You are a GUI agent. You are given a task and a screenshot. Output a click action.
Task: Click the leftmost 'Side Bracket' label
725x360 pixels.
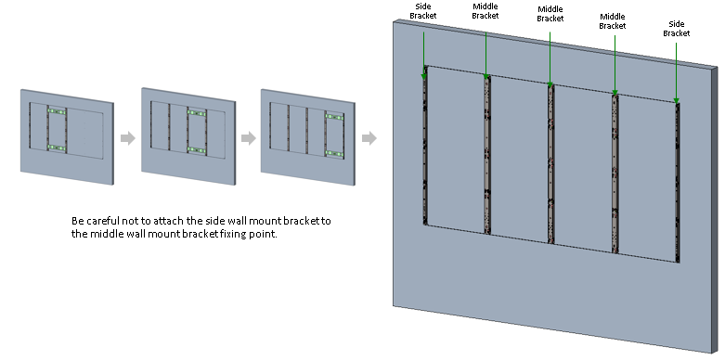point(423,11)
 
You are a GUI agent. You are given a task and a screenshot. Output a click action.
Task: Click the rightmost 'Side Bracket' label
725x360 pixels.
point(677,29)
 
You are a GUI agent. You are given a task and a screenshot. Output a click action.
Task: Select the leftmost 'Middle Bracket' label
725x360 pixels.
point(485,11)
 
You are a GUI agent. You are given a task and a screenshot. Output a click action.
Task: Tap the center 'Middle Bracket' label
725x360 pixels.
point(550,14)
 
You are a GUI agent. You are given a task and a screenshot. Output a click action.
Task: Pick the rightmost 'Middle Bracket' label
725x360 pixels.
point(613,21)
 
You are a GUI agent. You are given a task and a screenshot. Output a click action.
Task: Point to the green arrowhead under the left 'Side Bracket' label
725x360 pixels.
point(423,75)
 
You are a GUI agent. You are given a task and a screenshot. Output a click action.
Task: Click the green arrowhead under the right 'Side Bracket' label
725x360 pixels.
point(676,101)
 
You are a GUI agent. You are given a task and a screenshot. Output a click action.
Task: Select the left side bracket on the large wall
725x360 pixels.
point(425,146)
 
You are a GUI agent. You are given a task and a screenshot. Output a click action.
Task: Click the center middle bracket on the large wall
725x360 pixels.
point(550,164)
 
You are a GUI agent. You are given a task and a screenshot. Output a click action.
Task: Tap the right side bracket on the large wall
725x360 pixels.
point(678,183)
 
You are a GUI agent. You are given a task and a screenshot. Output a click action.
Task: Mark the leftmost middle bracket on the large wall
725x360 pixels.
point(486,155)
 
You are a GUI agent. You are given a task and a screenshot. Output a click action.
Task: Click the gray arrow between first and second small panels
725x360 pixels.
point(128,137)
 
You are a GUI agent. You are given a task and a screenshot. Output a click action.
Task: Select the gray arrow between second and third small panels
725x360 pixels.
point(249,137)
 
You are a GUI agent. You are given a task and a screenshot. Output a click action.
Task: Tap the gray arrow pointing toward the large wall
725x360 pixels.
point(369,137)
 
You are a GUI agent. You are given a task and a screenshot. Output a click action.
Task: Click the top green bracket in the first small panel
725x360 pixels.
point(57,111)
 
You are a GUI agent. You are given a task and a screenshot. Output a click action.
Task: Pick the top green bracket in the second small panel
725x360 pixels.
point(197,113)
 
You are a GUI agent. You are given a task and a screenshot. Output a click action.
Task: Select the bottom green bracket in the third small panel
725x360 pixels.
point(334,153)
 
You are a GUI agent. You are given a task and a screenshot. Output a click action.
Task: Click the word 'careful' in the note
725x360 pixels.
point(102,221)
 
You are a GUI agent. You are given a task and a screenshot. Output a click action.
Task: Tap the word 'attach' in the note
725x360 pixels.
point(169,221)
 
